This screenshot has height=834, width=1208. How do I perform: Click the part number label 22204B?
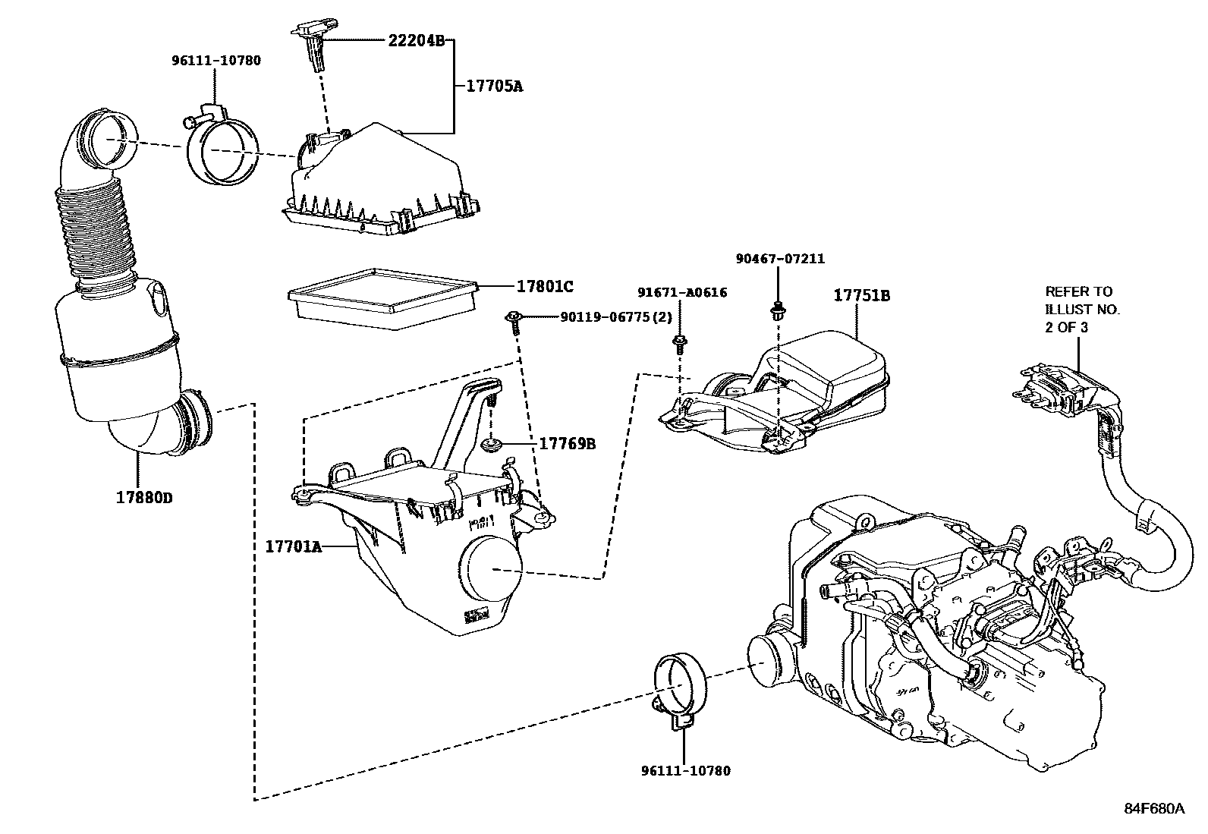pyautogui.click(x=416, y=41)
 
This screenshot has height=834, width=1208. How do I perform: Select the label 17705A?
pyautogui.click(x=493, y=86)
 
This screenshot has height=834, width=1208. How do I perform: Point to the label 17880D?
pyautogui.click(x=144, y=498)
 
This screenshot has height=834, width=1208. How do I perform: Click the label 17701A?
pyautogui.click(x=294, y=546)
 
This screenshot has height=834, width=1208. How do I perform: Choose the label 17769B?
pyautogui.click(x=567, y=443)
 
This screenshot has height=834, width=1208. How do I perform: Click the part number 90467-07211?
pyautogui.click(x=780, y=259)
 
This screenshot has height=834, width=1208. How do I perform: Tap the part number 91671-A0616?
pyautogui.click(x=682, y=292)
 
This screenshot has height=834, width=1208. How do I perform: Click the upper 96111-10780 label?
pyautogui.click(x=215, y=60)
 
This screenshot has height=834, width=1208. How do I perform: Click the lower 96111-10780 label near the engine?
pyautogui.click(x=684, y=771)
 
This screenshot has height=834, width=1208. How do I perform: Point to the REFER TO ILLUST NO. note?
pyautogui.click(x=1078, y=309)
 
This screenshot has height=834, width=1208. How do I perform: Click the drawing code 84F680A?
pyautogui.click(x=1153, y=808)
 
